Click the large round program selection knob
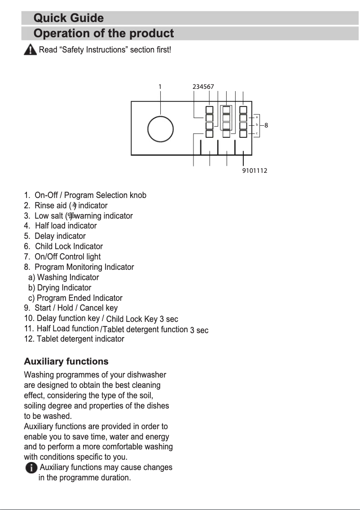tap(161, 128)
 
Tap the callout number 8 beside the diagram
tap(266, 125)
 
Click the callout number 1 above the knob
tap(160, 86)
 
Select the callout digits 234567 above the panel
tap(203, 86)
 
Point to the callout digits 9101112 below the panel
tap(255, 171)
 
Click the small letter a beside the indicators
tap(256, 117)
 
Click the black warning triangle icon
tap(30, 50)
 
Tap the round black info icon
tap(31, 468)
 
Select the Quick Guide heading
tap(69, 18)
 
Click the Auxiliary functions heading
tap(66, 361)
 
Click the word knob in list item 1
tap(138, 195)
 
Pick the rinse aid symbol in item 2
tap(75, 206)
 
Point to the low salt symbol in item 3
tap(71, 216)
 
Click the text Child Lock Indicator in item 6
tap(69, 246)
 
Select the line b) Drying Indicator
tap(59, 288)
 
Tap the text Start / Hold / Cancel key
tap(76, 308)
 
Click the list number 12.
tap(28, 339)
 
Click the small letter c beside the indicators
tap(256, 133)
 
